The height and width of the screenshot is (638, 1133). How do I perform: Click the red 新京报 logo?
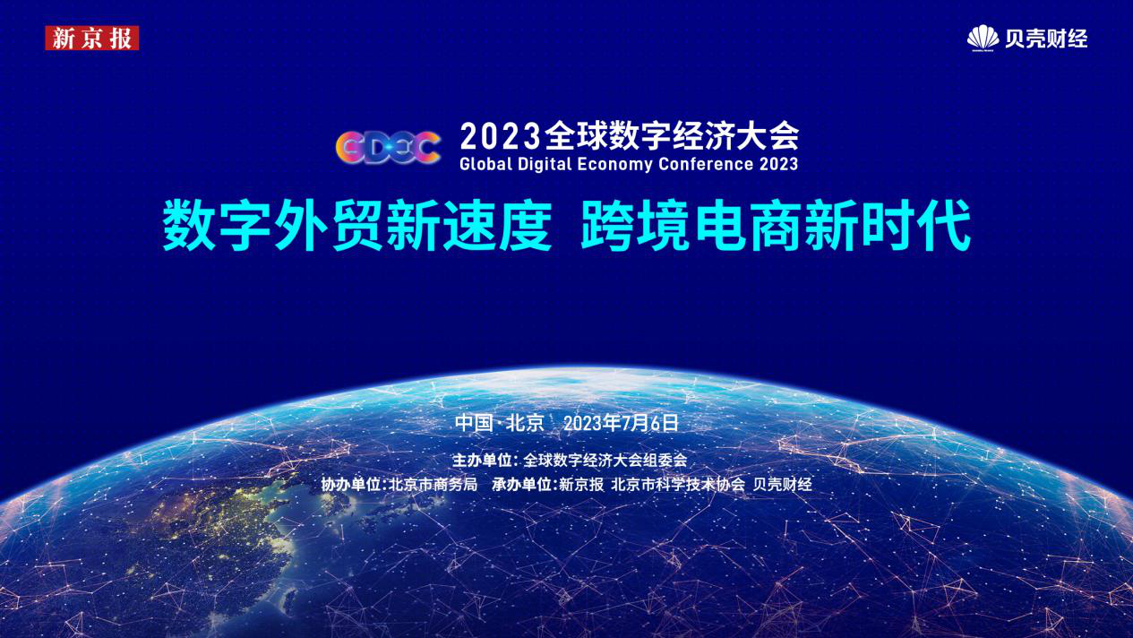click(92, 38)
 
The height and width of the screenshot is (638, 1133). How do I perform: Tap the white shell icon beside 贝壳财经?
click(983, 38)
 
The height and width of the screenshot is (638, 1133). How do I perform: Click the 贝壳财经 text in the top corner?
click(1046, 39)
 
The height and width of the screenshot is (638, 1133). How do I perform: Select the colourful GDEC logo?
click(388, 148)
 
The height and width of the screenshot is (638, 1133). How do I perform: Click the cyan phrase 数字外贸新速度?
click(357, 225)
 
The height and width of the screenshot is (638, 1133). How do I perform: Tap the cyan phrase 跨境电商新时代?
click(776, 225)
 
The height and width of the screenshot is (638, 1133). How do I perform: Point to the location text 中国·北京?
click(499, 423)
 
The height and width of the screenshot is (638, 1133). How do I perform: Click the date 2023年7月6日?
click(621, 423)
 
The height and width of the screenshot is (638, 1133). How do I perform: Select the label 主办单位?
click(482, 461)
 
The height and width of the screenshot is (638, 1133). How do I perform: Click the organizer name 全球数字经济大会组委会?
click(605, 461)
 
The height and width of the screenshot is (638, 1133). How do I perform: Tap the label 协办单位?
click(351, 485)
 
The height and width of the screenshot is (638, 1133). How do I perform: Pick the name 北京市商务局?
click(433, 485)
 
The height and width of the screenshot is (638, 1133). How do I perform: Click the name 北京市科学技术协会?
click(678, 485)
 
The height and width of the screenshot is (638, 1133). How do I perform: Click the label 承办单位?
click(521, 485)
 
